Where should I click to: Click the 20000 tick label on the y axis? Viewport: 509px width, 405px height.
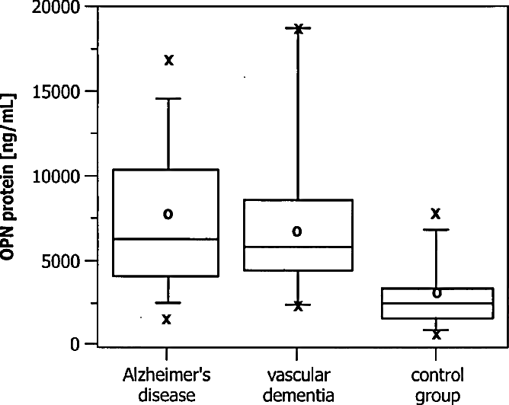[56, 7]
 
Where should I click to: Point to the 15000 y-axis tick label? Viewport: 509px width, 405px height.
[56, 92]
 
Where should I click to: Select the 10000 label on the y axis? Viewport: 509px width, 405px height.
[56, 177]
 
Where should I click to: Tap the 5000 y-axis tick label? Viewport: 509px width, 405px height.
[61, 261]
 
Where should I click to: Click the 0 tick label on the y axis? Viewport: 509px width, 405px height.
[75, 344]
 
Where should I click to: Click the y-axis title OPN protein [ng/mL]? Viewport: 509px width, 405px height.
[8, 177]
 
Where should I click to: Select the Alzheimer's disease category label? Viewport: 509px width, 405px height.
[167, 385]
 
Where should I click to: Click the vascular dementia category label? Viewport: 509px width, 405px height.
[298, 385]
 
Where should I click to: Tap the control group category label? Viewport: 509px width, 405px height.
[437, 385]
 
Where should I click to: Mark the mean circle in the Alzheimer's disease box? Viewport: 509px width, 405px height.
[168, 214]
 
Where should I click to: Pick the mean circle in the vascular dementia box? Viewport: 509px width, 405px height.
[297, 231]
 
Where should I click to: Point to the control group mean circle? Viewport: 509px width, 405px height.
[437, 293]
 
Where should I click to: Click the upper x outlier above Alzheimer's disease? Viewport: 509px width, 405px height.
[169, 60]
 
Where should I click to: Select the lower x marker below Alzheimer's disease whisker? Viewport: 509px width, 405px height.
[166, 320]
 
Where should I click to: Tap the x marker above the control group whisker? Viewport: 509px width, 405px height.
[436, 213]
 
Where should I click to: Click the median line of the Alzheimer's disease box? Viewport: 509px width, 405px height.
[165, 239]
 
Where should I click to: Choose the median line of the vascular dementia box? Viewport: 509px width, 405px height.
[299, 247]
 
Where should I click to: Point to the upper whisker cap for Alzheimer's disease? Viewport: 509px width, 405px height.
[168, 98]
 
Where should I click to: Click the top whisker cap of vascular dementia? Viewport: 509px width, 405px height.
[298, 28]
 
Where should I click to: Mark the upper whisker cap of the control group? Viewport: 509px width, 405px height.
[436, 230]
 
